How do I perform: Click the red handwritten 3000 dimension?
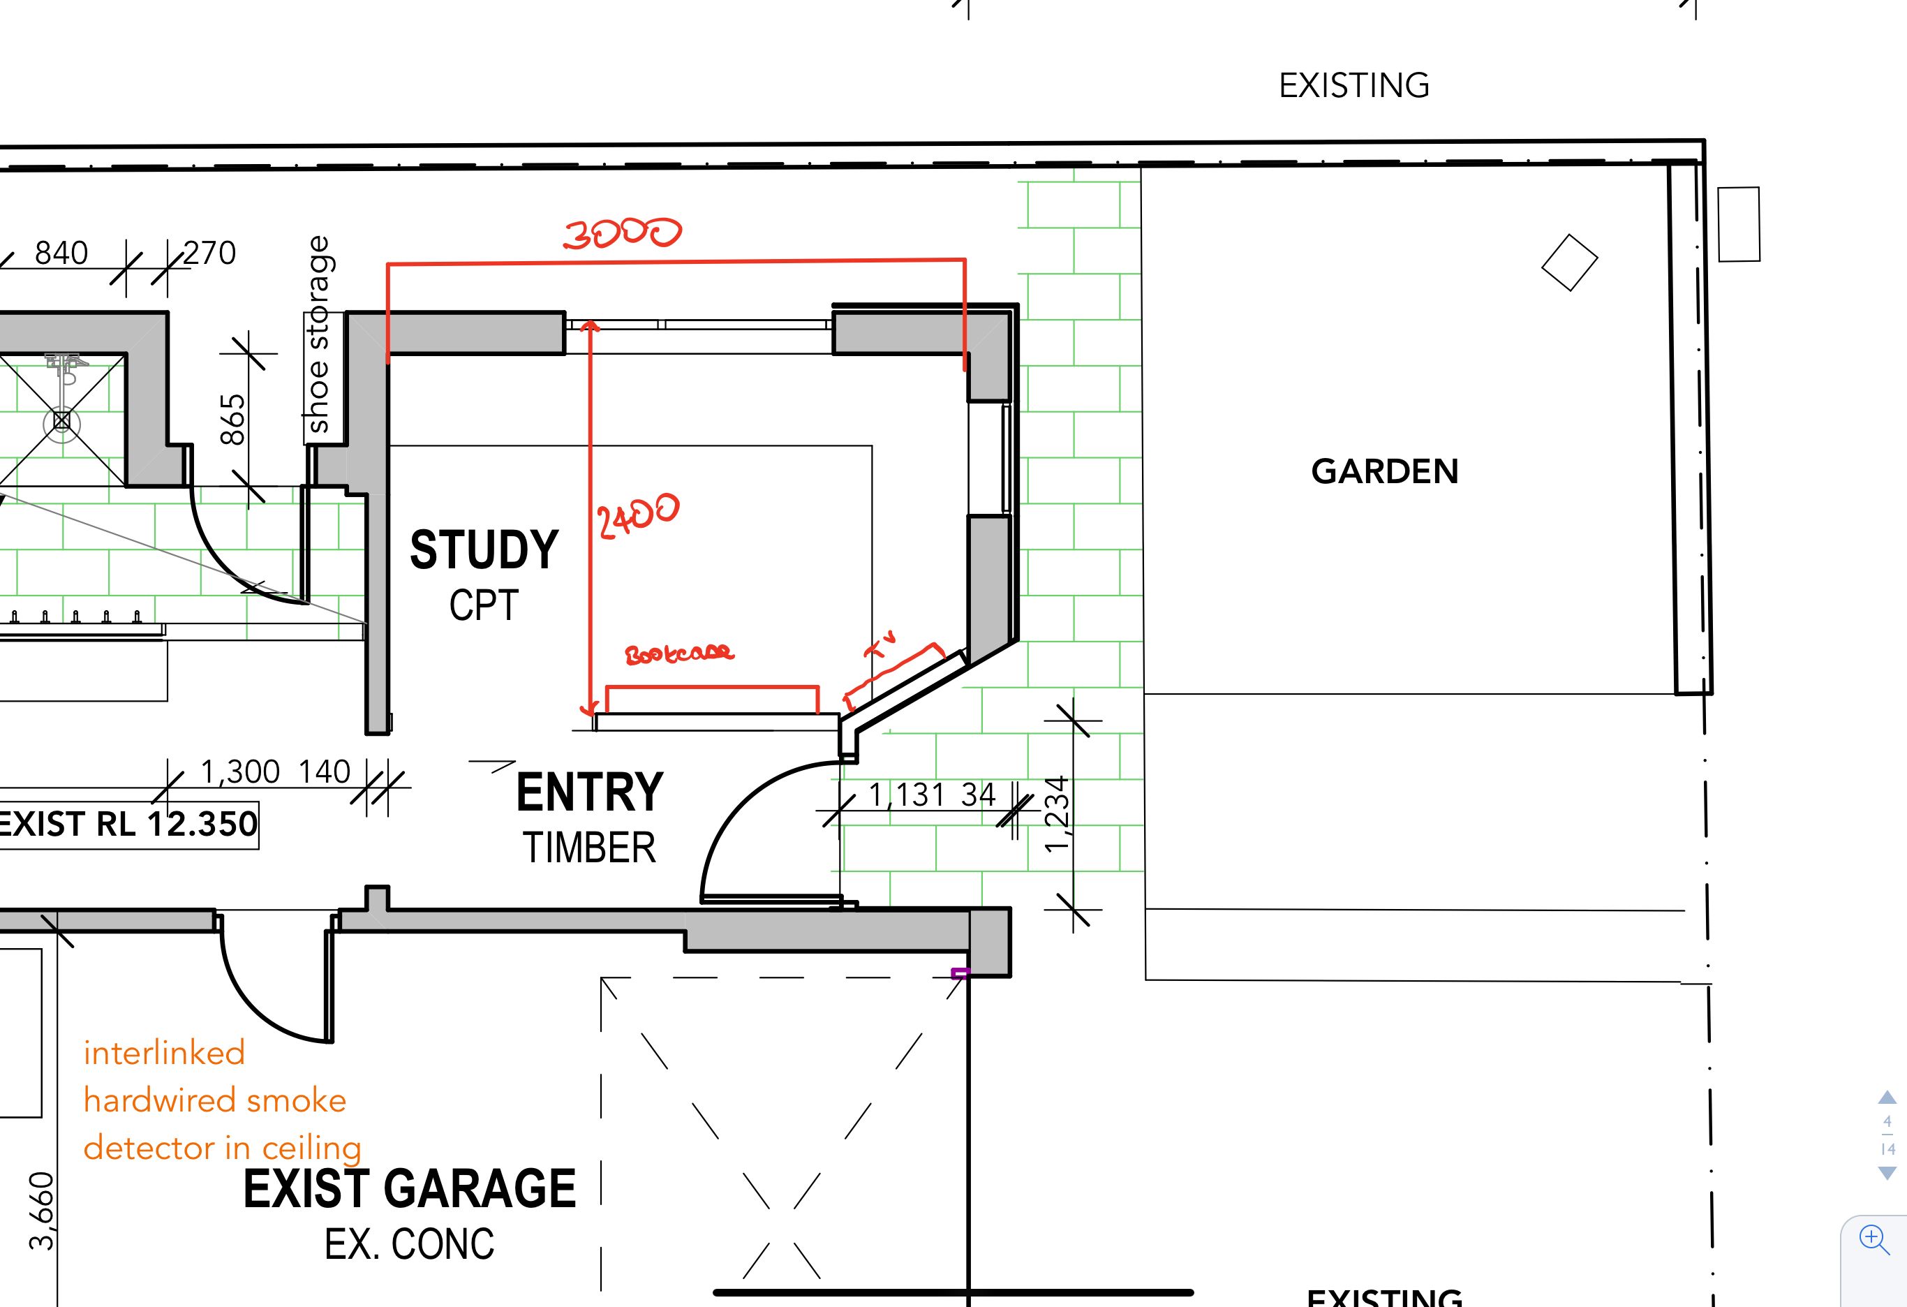622,232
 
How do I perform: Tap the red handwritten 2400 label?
637,515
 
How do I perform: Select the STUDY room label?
484,549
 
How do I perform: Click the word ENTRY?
589,792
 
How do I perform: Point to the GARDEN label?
1384,471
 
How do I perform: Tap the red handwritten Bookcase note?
678,653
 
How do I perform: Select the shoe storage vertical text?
318,334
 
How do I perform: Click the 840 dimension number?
61,253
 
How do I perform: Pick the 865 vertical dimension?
233,419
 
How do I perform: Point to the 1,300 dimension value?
240,771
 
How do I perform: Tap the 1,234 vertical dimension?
1058,813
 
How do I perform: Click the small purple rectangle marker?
959,974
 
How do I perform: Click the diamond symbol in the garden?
1569,263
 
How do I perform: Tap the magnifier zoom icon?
1874,1239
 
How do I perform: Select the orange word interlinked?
164,1052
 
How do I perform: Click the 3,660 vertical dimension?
41,1211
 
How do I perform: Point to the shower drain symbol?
61,421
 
